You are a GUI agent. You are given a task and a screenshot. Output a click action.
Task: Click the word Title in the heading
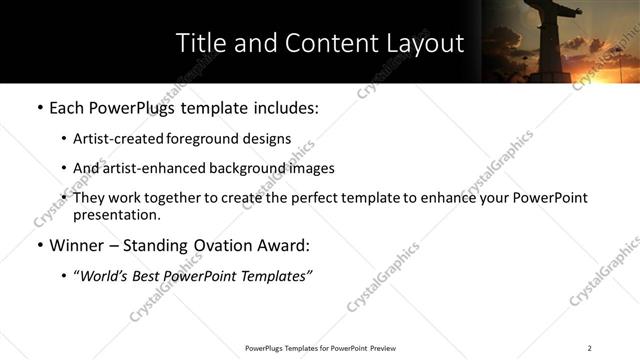point(200,44)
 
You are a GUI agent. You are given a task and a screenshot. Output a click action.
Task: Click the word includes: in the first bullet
point(281,107)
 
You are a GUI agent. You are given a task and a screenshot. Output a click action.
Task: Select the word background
point(244,168)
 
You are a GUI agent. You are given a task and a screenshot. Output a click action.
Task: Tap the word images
point(311,168)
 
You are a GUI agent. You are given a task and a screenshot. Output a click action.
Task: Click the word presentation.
point(116,214)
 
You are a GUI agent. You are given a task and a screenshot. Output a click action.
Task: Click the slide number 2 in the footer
point(589,348)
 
